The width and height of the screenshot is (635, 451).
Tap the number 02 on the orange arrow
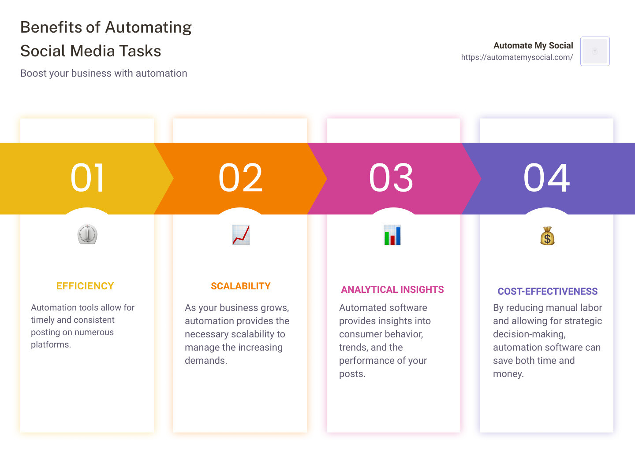240,178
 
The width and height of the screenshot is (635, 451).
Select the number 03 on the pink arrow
391,178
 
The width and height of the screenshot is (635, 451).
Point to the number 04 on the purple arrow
546,178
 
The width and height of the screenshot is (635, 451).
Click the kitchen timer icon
87,234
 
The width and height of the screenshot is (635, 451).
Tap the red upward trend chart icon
241,235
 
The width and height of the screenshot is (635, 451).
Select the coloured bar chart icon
392,235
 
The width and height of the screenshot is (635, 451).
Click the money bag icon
547,236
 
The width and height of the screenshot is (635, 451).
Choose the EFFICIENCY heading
85,286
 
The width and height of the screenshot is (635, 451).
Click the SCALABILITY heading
241,286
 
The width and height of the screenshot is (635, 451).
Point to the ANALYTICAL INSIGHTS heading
392,290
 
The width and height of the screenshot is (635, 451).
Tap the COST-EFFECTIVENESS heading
547,291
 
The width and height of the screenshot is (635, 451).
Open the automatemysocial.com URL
517,57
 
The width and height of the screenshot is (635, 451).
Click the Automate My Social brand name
533,45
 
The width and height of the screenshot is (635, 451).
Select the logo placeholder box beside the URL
595,51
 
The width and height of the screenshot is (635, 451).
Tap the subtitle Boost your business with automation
104,73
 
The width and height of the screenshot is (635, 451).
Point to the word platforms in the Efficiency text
51,344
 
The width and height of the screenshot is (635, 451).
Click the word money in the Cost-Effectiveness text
508,374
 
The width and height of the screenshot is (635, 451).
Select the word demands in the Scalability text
206,360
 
